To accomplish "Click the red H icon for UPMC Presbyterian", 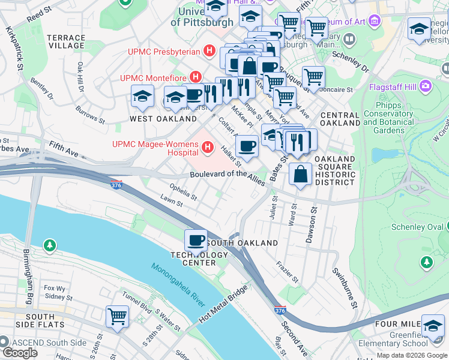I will [x=209, y=51].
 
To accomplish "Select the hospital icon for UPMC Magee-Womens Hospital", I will [x=208, y=146].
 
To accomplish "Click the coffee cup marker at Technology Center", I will [x=196, y=241].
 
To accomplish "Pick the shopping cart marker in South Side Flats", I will [x=117, y=317].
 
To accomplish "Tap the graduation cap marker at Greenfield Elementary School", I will [x=432, y=326].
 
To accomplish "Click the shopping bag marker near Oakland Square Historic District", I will [x=300, y=174].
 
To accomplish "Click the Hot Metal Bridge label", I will [x=223, y=305].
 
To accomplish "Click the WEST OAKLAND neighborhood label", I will [x=155, y=119].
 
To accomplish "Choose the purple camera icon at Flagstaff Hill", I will [x=426, y=86].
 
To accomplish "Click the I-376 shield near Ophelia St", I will [x=116, y=185].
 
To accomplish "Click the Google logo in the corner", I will [x=20, y=353].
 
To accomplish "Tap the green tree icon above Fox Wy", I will [x=49, y=245].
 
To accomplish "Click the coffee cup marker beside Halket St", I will [x=246, y=145].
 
